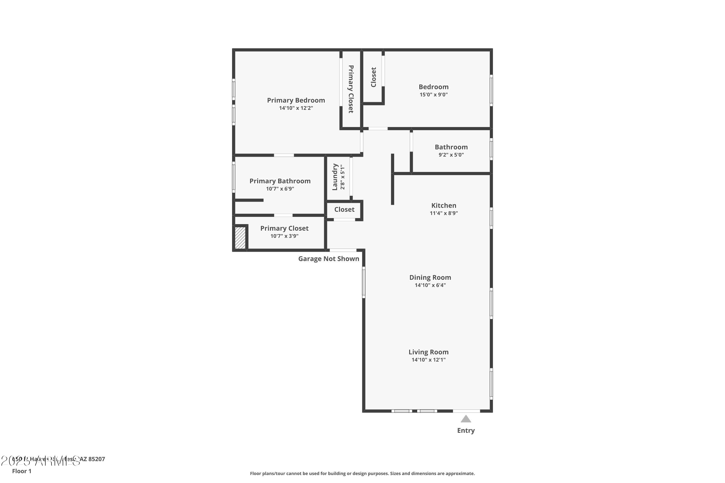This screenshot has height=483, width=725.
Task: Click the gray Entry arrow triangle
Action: (466, 419)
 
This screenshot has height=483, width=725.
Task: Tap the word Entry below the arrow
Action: (466, 431)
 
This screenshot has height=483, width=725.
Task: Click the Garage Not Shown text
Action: (329, 259)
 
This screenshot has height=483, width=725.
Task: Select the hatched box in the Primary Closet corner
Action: (240, 237)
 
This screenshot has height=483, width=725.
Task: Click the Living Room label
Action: (428, 352)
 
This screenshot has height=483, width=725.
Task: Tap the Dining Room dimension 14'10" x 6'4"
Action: (430, 285)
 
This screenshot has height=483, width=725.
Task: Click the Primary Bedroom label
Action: (296, 100)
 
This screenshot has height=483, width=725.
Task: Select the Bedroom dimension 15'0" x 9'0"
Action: (433, 95)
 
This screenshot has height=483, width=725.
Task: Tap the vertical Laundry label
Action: (335, 177)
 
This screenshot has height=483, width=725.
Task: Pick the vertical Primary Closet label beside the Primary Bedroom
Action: (351, 89)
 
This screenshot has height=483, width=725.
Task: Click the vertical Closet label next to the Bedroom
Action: (373, 77)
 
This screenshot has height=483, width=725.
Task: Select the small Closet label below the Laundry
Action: (344, 209)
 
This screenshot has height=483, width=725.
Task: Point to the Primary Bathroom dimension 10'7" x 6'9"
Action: (280, 189)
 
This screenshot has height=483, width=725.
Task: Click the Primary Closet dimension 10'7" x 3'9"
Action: (284, 236)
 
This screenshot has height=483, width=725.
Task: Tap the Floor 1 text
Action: (22, 471)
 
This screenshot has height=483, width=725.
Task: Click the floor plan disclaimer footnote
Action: (362, 473)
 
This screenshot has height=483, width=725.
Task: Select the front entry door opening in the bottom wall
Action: (466, 411)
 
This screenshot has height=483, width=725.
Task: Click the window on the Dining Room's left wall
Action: (364, 282)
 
